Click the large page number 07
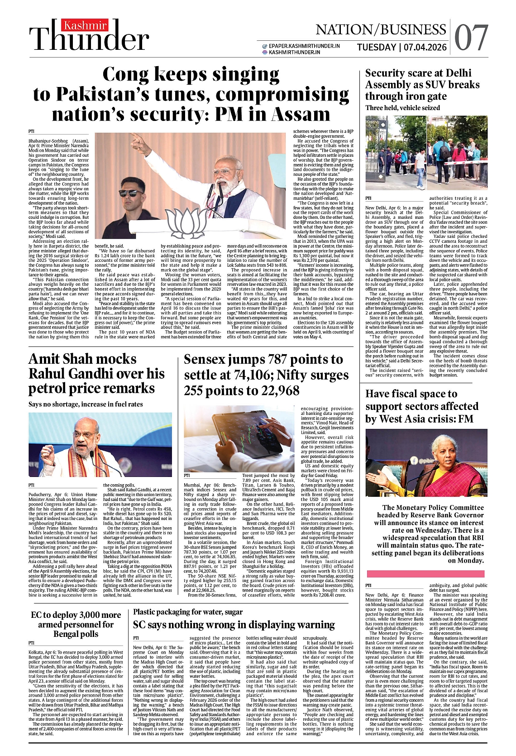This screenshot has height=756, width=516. pos(472,38)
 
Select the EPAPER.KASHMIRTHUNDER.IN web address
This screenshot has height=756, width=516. pos(304,46)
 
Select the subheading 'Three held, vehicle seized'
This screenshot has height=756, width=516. pos(402,108)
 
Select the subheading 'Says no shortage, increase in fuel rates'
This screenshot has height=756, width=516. pos(86,404)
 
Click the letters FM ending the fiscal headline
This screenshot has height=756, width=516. pos(465,419)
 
